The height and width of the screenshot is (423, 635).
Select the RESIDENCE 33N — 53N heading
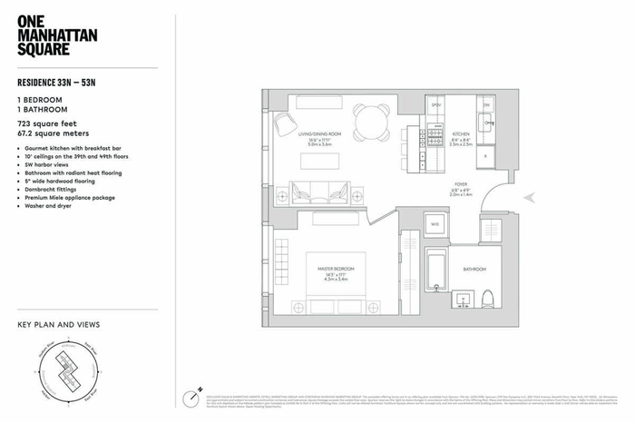pos(61,79)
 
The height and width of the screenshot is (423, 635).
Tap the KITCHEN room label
pos(463,133)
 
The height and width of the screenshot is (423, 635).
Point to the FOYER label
pos(462,186)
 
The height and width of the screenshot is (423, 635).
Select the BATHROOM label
pos(474,270)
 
